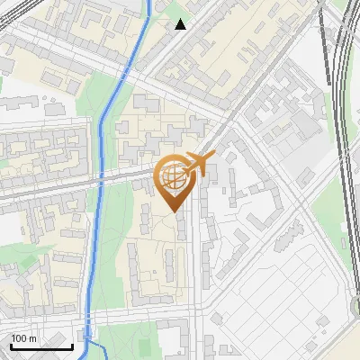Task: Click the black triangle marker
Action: click(181, 24)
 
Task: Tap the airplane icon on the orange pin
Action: click(200, 164)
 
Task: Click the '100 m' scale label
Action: click(24, 338)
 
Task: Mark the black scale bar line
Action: click(41, 346)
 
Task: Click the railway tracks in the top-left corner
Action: click(11, 11)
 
